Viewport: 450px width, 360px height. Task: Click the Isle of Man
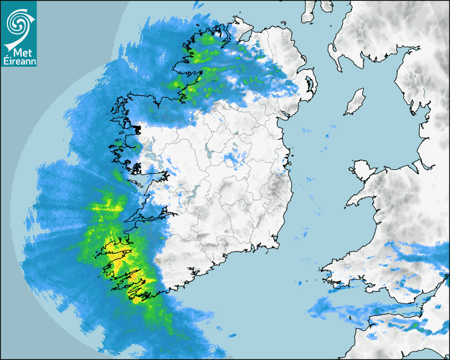355,102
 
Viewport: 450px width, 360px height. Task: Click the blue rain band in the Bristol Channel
344,307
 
